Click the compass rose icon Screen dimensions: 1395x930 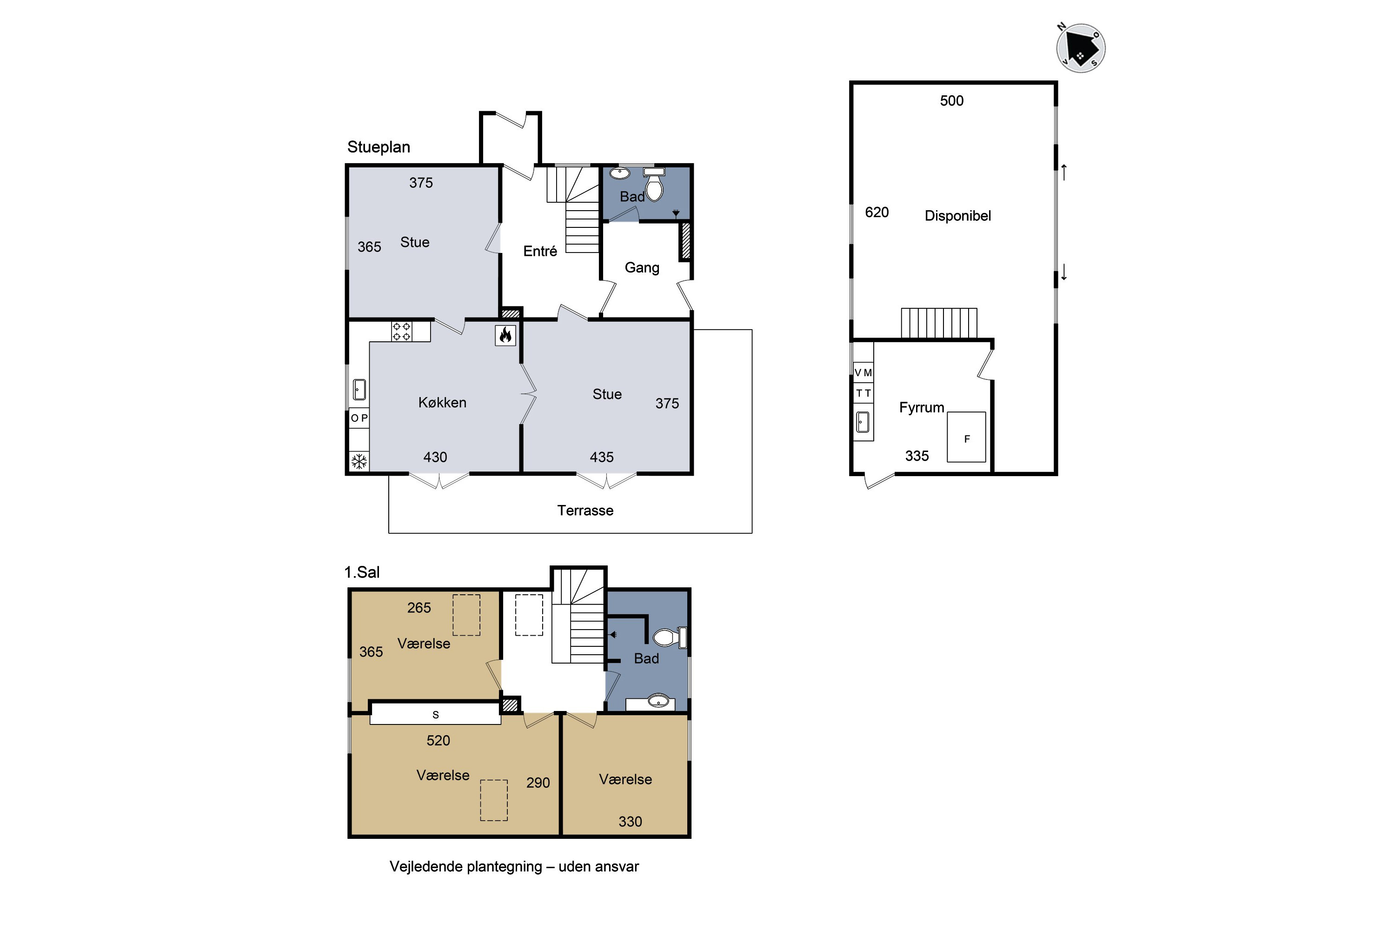coord(1081,48)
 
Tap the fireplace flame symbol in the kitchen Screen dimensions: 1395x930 coord(505,335)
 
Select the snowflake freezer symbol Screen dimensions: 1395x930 coord(359,461)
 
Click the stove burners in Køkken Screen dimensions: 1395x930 coord(402,332)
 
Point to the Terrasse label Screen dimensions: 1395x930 coord(585,511)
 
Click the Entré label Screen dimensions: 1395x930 coord(540,251)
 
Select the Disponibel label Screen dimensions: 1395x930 coord(957,216)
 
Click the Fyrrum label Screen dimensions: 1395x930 coord(922,407)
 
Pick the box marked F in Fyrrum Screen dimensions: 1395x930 coord(966,437)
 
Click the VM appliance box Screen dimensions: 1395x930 coord(863,372)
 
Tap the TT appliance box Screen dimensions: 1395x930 coord(863,392)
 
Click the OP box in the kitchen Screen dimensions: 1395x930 coord(359,418)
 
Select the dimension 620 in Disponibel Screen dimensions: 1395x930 coord(877,213)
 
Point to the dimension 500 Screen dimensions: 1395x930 coord(951,101)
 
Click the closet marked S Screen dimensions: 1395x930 coord(435,714)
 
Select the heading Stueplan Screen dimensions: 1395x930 coord(379,147)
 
